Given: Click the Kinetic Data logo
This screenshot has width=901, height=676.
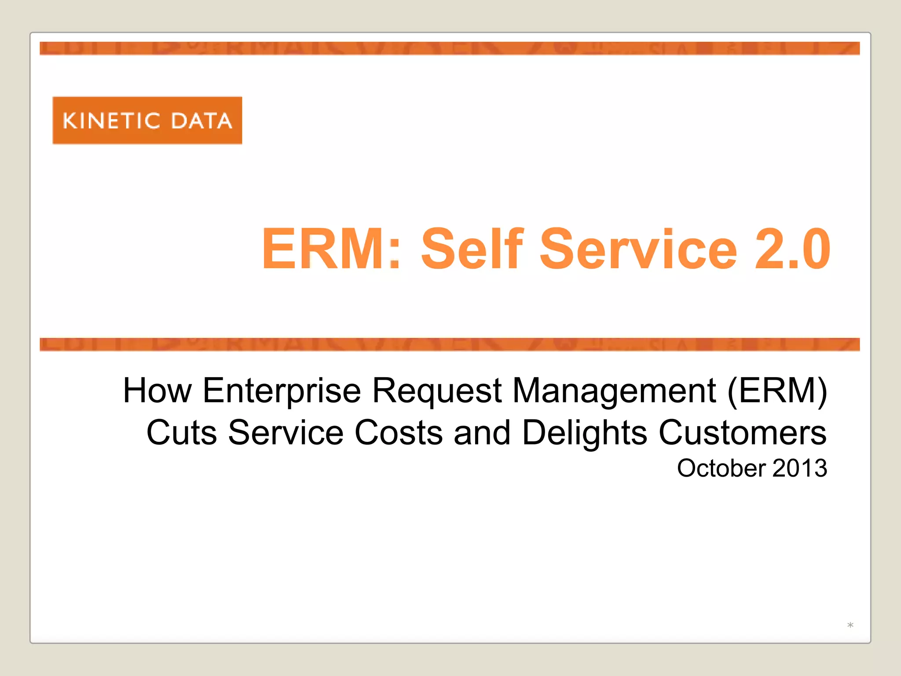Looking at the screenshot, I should pos(147,120).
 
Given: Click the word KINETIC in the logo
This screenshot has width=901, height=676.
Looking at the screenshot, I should pos(111,121).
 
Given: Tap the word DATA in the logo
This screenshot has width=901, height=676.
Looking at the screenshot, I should pos(201,121).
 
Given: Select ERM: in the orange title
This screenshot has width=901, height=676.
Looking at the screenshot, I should pos(331,249).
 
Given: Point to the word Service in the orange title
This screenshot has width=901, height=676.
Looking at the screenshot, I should pos(638,249).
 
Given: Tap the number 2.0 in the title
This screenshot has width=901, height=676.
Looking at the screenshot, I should pos(792,249).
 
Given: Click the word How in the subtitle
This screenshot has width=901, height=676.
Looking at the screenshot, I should pos(157,390).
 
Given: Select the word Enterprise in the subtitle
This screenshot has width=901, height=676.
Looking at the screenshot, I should pos(282,390).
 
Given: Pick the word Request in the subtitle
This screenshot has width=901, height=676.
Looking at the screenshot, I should pos(437,390).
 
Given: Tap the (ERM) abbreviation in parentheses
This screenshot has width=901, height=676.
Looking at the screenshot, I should pos(777,390).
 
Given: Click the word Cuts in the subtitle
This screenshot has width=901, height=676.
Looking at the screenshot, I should pos(182,433).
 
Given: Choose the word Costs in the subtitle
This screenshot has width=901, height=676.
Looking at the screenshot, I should pos(399,433).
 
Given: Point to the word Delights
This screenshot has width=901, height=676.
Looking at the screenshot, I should pos(585,433).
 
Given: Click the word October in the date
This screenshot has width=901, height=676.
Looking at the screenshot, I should pos(722,468).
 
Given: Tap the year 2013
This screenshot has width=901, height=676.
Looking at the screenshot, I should pos(799,468).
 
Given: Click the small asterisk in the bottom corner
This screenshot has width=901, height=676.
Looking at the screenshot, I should pos(850,625).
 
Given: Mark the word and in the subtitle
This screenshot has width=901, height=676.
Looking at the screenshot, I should pos(482,433).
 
